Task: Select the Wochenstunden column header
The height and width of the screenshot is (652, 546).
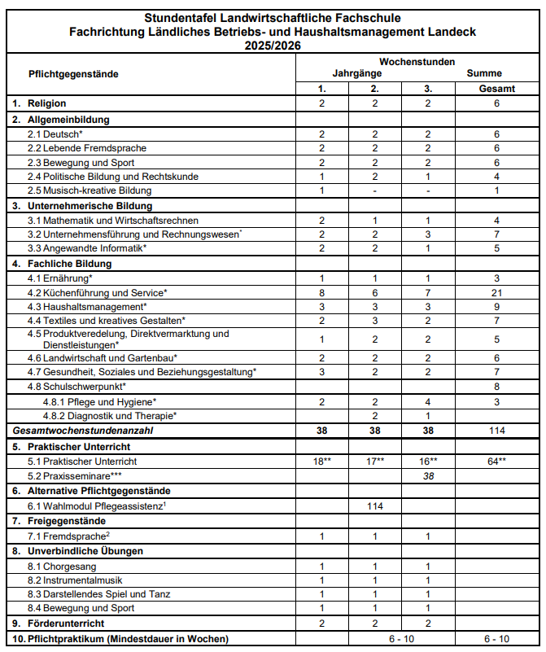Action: click(x=417, y=62)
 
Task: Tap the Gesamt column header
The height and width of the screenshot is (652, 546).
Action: click(x=496, y=89)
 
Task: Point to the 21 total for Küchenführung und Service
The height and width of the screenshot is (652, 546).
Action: click(x=496, y=292)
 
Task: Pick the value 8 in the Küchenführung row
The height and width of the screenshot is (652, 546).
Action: click(x=322, y=292)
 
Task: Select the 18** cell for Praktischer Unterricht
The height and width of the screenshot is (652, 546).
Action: click(x=322, y=462)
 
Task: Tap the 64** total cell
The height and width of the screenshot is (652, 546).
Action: click(x=496, y=462)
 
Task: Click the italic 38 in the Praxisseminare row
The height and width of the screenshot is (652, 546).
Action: click(x=428, y=476)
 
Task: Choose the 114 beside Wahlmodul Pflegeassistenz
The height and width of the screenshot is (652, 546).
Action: click(x=375, y=506)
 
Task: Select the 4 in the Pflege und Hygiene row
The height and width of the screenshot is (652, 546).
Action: click(x=428, y=401)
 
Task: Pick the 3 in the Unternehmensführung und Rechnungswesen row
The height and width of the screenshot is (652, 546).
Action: click(x=428, y=234)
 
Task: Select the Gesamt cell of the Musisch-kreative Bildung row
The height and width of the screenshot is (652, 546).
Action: click(x=496, y=190)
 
